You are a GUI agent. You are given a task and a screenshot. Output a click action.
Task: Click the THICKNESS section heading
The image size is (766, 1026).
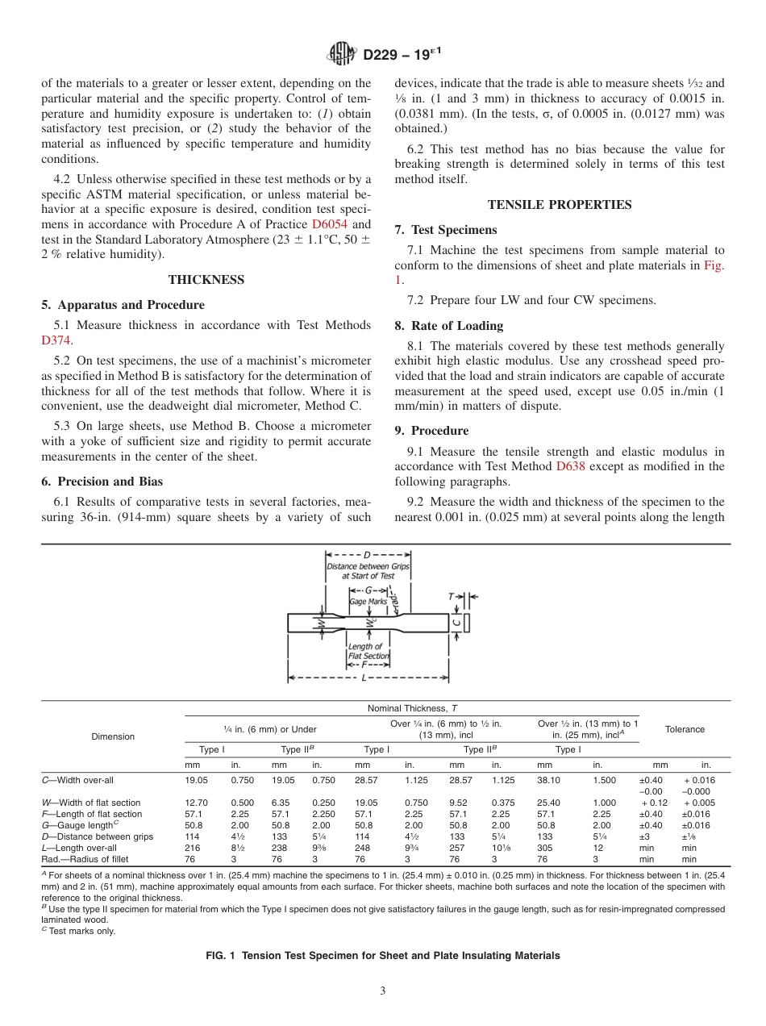pyautogui.click(x=206, y=280)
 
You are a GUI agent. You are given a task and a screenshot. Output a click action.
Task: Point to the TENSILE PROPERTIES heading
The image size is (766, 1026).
pyautogui.click(x=560, y=205)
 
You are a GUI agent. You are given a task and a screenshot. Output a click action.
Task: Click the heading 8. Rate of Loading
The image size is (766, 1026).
pyautogui.click(x=448, y=326)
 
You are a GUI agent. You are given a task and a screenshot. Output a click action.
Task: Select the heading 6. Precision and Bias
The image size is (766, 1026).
pyautogui.click(x=102, y=482)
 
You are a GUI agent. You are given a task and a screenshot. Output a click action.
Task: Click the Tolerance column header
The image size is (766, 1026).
pyautogui.click(x=685, y=729)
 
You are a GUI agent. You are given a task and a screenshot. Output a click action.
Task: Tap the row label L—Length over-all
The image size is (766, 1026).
pyautogui.click(x=79, y=848)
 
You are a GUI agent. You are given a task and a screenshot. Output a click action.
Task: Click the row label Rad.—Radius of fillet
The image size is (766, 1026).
pyautogui.click(x=85, y=859)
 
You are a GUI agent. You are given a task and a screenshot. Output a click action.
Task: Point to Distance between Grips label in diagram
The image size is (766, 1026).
pyautogui.click(x=368, y=571)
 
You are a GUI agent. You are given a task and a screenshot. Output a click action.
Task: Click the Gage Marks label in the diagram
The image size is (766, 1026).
pyautogui.click(x=368, y=602)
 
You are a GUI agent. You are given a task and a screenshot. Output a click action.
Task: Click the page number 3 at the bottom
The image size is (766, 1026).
pyautogui.click(x=383, y=991)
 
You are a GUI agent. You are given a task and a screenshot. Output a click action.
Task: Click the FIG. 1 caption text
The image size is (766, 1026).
pyautogui.click(x=383, y=955)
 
